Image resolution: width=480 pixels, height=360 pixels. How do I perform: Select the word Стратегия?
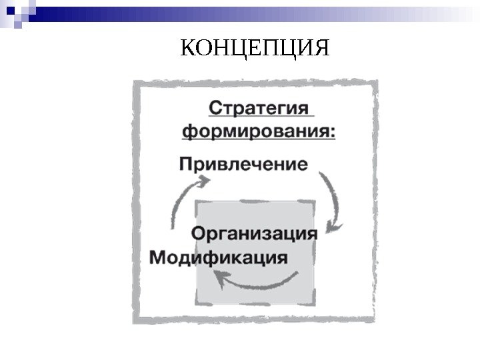tap(261, 109)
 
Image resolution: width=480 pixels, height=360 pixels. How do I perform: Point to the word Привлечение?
tap(244, 163)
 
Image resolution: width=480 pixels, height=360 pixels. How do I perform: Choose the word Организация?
tap(254, 234)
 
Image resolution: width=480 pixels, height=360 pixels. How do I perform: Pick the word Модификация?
tap(219, 257)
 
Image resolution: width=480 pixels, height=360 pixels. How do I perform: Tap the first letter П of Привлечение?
tap(187, 163)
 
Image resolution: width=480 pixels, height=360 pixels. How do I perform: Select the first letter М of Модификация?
tap(159, 257)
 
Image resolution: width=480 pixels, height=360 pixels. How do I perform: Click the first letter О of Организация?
tap(199, 234)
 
